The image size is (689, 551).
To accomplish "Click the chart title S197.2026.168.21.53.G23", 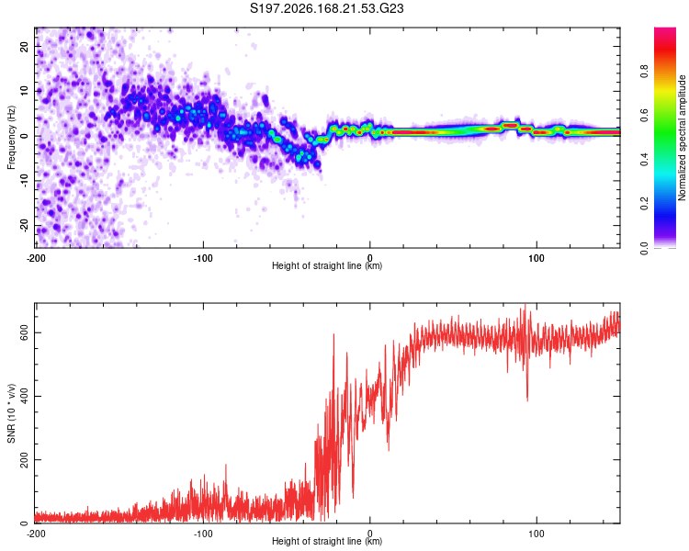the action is coord(326,8).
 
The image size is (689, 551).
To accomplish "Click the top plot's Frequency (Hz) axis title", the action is coord(11,138).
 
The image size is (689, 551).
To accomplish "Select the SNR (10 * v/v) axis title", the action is coord(11,413).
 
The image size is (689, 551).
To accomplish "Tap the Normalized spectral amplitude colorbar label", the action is coord(682,138).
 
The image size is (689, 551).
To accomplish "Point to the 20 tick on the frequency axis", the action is coord(24,46).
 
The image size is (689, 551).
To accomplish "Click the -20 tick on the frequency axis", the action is coord(24,226).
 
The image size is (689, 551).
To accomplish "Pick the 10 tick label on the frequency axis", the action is coord(24,91).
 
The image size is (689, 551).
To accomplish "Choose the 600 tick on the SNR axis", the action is coord(24,332).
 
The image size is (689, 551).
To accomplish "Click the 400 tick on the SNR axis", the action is coord(24,396).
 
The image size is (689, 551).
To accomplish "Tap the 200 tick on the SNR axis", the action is coord(24,459).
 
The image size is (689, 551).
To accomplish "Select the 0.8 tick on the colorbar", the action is coord(644,72).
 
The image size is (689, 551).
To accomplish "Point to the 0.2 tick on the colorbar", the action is coord(644,204).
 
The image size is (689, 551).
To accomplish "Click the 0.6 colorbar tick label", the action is coord(644,116).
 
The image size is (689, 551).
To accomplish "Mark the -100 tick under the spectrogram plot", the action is coord(203,258).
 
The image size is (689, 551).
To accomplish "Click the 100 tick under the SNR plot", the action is coord(537,534).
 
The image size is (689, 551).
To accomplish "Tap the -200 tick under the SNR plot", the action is coord(36,534).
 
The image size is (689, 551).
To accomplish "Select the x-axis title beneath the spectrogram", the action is coord(327,265).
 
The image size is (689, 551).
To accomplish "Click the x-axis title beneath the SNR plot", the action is coord(327,541).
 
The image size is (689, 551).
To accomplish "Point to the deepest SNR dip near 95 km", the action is coord(527,400).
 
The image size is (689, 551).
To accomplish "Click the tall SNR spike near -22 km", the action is coord(334,336).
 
